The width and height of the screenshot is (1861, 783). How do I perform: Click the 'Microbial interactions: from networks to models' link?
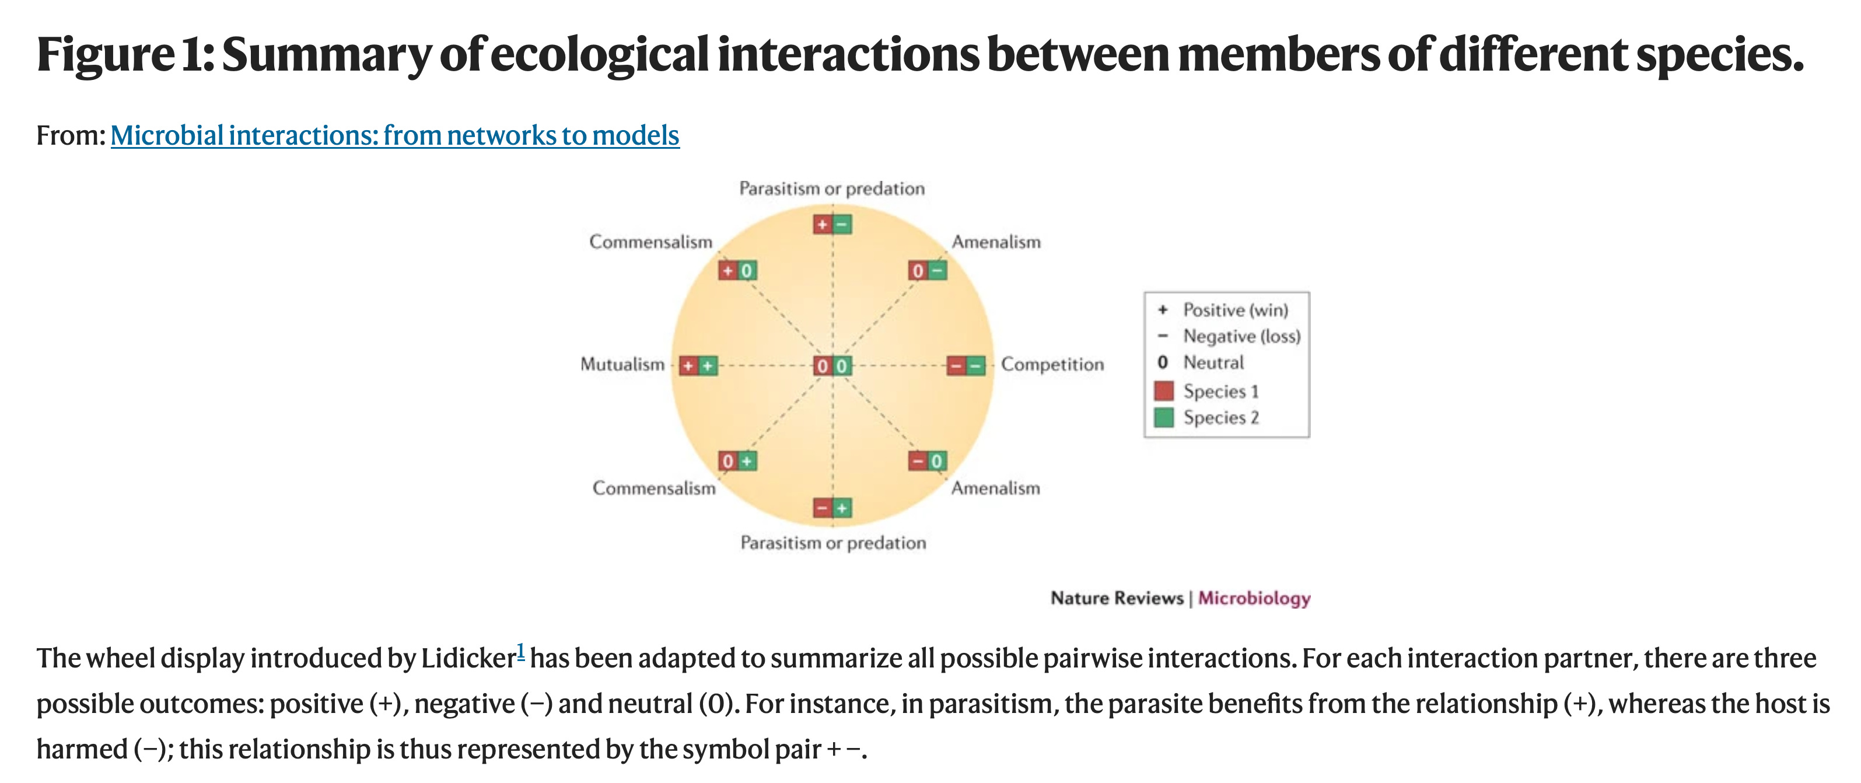(x=394, y=135)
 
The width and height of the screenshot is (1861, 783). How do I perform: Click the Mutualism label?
(x=622, y=364)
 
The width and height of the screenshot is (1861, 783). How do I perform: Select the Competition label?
(x=1052, y=364)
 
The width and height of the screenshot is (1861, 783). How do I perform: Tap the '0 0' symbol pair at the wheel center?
(x=832, y=365)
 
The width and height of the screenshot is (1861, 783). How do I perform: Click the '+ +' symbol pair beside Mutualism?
(x=698, y=365)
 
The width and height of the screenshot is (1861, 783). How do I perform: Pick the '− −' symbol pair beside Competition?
(x=966, y=365)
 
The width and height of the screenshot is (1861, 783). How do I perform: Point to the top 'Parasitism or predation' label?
(x=831, y=188)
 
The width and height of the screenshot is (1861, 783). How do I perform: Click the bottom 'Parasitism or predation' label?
(x=833, y=543)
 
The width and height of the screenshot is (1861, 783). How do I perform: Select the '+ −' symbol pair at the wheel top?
(x=832, y=224)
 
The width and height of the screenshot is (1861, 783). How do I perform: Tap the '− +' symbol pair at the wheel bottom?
(x=832, y=508)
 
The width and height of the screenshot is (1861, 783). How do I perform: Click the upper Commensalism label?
(x=650, y=242)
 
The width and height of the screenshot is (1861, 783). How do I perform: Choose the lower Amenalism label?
(x=995, y=488)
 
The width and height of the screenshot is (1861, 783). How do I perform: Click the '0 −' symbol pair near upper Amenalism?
(x=927, y=270)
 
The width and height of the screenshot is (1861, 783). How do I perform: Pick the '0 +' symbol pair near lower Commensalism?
(x=737, y=460)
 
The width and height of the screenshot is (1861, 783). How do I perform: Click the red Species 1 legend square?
(x=1163, y=391)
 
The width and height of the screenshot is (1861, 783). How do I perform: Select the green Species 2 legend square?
(x=1163, y=418)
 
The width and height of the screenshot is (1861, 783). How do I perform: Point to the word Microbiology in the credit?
(x=1254, y=598)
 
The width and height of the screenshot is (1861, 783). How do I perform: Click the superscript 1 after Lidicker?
(x=521, y=650)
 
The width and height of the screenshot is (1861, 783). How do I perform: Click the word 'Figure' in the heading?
(x=106, y=55)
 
